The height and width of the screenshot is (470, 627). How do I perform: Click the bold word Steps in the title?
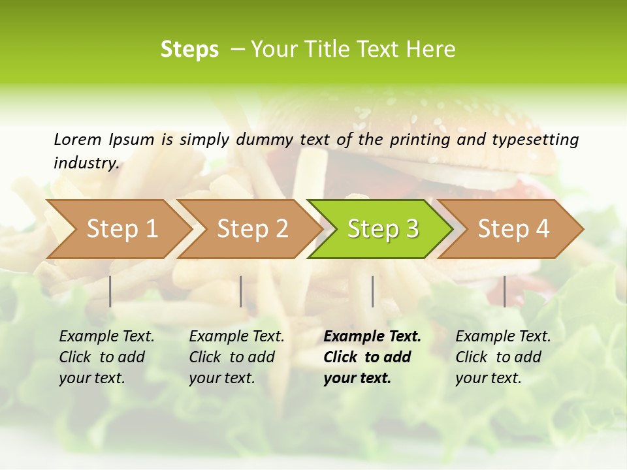[x=189, y=50]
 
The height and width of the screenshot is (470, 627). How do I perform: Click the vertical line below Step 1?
[x=110, y=291]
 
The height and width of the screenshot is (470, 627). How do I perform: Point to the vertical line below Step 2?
[x=241, y=291]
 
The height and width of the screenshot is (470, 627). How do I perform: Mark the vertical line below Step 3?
[x=373, y=291]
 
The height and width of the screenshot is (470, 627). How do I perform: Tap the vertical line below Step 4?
[x=504, y=291]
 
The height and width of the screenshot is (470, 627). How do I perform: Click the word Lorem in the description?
[x=78, y=139]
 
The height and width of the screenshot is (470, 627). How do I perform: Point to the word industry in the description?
[x=86, y=163]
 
